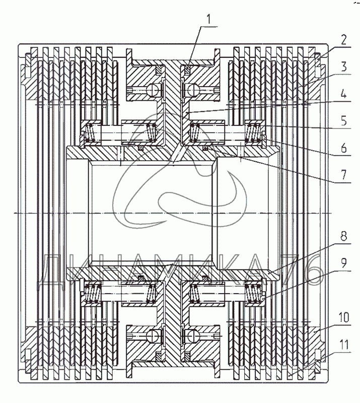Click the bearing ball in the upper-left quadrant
click(152, 90)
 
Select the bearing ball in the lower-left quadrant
click(152, 333)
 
